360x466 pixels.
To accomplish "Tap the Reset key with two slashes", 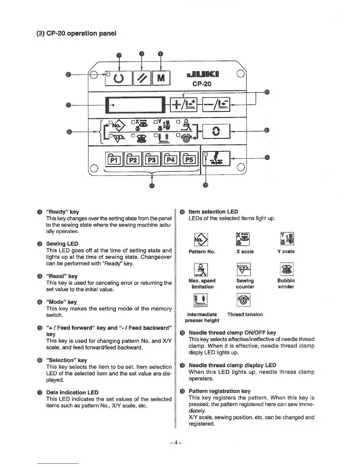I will click(x=142, y=78).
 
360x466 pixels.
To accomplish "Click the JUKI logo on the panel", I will click(x=202, y=74).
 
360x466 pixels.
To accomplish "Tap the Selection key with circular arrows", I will click(x=216, y=132).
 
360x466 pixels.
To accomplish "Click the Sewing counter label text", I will click(x=245, y=284).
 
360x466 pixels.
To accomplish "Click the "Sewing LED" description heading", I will click(x=62, y=244).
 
